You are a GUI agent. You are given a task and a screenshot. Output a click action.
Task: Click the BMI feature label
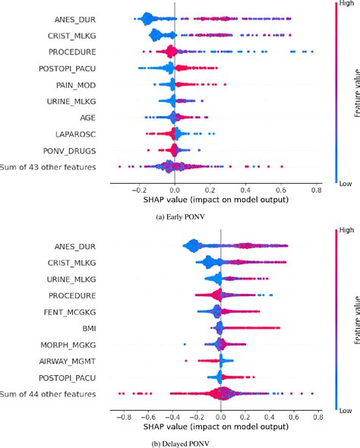pyautogui.click(x=87, y=328)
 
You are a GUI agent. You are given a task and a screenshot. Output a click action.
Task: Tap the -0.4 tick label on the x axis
pyautogui.click(x=171, y=417)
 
